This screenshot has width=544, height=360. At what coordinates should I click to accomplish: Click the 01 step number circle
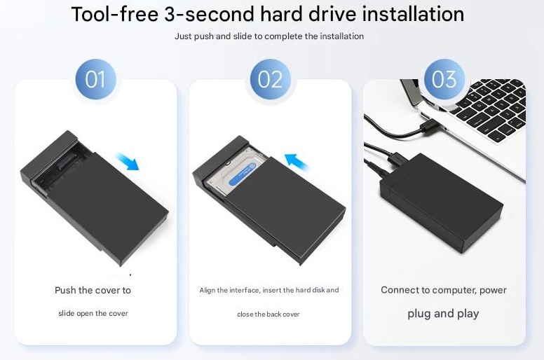(96, 79)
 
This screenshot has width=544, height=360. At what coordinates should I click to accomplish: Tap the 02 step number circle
(271, 79)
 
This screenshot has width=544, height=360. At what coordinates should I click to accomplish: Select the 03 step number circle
(444, 79)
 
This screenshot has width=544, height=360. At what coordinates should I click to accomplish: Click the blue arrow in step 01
(127, 162)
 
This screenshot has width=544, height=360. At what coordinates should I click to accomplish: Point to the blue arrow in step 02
(297, 162)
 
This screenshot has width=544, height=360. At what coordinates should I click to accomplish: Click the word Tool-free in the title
(115, 15)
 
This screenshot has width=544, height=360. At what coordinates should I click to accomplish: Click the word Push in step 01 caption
(65, 290)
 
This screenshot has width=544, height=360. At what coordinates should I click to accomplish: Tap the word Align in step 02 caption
(207, 291)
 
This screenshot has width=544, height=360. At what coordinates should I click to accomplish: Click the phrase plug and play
(443, 314)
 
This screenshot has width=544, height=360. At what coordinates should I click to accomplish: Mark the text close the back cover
(268, 314)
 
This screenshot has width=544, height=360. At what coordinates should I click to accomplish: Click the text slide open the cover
(93, 313)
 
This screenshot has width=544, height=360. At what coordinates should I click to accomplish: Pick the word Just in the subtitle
(183, 36)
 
